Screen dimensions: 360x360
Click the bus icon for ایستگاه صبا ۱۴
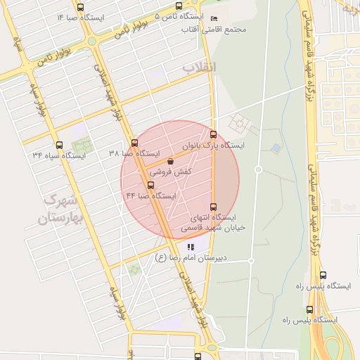pos(79,8)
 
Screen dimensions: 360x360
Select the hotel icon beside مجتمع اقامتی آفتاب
pos(214,18)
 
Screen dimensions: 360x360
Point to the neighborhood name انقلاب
pos(201,67)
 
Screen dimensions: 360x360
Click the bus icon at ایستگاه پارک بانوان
pos(214,134)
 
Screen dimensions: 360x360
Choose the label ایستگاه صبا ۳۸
pos(134,154)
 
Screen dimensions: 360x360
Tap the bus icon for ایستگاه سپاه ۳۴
pos(59,146)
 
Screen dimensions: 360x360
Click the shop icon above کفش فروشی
pos(171,161)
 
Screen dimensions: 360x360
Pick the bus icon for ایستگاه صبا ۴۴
pos(150,186)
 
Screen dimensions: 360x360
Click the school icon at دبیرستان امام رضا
pos(190,247)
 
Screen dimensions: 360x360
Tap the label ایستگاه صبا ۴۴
pos(150,196)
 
